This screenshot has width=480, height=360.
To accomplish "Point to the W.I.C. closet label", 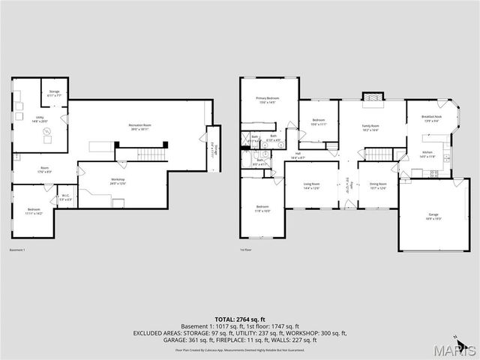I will (x=66, y=198).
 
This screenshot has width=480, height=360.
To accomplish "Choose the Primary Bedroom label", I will (x=267, y=99).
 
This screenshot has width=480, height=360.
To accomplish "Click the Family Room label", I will (x=370, y=127).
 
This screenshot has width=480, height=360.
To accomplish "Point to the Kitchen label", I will (x=427, y=153).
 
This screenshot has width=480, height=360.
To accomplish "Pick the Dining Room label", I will (x=378, y=185).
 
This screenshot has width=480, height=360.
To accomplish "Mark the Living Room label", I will (x=312, y=185).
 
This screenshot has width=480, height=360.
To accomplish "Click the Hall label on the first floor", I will (x=298, y=156).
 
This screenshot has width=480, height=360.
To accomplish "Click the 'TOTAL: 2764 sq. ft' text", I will (x=240, y=319).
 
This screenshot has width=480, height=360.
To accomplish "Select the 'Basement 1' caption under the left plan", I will (x=17, y=250).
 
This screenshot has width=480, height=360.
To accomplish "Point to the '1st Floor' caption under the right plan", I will (x=245, y=250).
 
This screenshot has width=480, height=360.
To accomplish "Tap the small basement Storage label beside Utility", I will (x=55, y=93).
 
